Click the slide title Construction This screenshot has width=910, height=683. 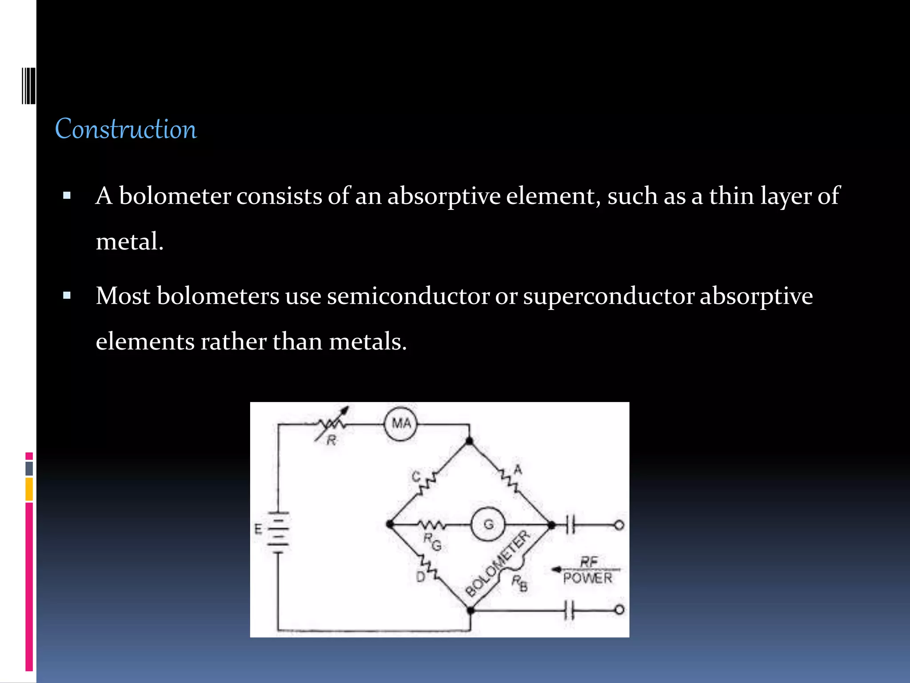[x=126, y=129]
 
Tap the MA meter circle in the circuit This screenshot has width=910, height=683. [x=401, y=424]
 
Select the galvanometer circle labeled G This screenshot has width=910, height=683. [x=488, y=525]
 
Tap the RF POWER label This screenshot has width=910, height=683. [x=587, y=570]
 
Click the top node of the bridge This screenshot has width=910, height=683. [x=469, y=441]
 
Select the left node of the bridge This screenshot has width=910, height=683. [x=390, y=525]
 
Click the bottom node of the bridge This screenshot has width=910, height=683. [x=471, y=611]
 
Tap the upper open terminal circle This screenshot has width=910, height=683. [x=619, y=525]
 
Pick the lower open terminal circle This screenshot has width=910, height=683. [x=619, y=610]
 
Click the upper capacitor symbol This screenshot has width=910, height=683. [x=571, y=525]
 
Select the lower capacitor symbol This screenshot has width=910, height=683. [x=571, y=610]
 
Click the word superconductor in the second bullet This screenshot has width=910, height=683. [x=608, y=296]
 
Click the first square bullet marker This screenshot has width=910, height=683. [x=67, y=195]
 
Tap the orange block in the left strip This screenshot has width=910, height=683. [x=29, y=489]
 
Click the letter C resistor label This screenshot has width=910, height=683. [x=415, y=477]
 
